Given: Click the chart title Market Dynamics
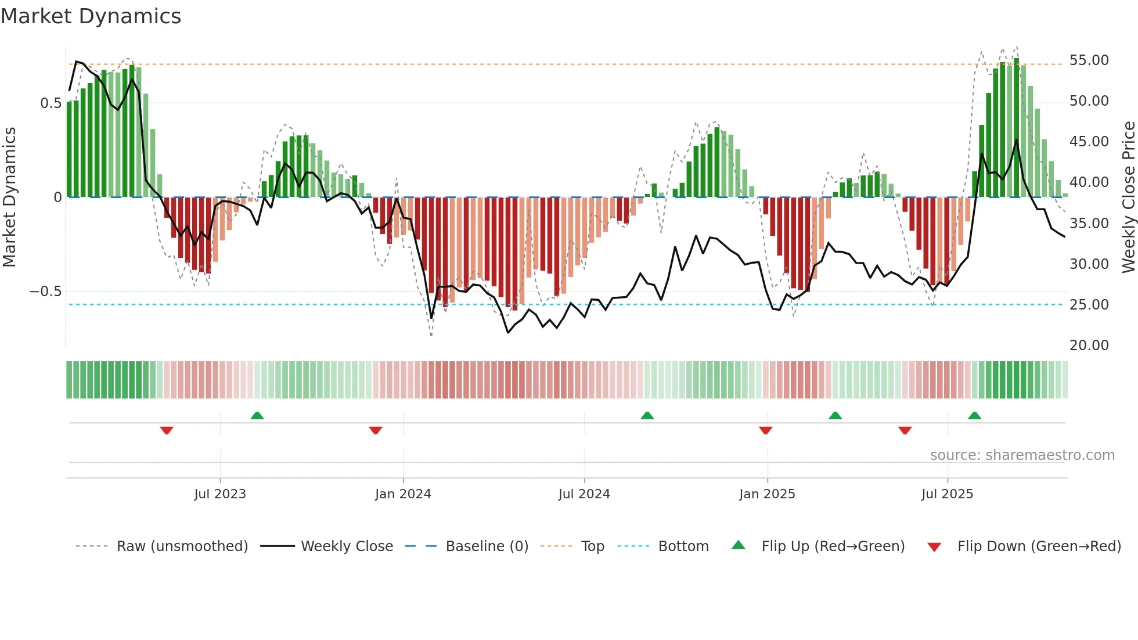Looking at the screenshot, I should (91, 16).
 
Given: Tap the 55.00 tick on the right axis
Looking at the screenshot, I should (1089, 60).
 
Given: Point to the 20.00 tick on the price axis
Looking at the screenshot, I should (1089, 346).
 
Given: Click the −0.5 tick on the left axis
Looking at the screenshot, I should (45, 292).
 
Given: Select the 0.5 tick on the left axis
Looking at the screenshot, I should (51, 103).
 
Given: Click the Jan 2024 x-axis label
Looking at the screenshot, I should (403, 494).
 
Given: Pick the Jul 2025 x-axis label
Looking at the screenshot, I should (947, 494).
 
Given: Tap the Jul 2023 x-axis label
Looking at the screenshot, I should (220, 494).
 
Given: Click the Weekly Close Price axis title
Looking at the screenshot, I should (1128, 197).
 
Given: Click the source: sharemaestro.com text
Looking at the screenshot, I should (1022, 455).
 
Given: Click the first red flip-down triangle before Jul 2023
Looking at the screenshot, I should (167, 430).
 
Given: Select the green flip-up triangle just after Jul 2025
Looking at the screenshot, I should (974, 415).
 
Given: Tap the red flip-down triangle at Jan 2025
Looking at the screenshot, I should (765, 430).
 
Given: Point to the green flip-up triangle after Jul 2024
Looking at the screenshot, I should (647, 415).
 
